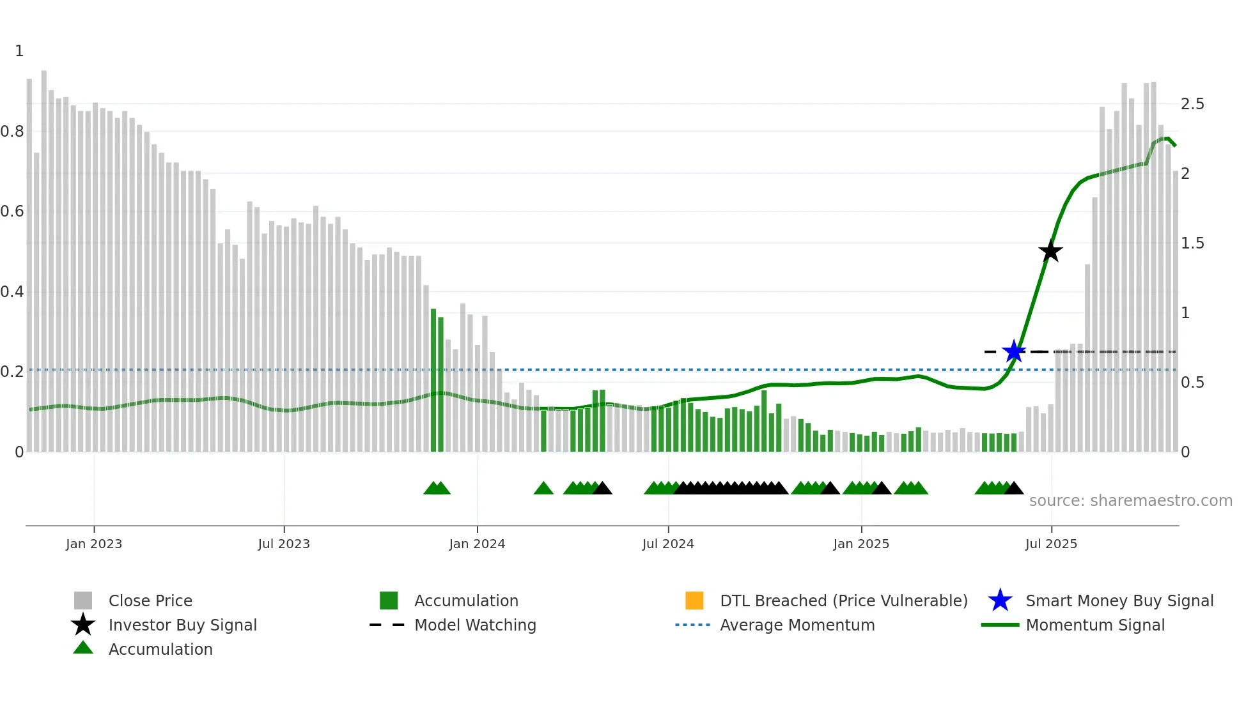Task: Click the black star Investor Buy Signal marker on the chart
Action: [1050, 251]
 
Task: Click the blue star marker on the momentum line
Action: [1014, 351]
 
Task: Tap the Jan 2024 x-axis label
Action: [477, 544]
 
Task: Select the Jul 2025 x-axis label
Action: [1051, 544]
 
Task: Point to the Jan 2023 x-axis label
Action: [94, 544]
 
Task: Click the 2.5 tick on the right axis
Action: [1192, 103]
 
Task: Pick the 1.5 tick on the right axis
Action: [1192, 243]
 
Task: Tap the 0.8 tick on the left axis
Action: [12, 132]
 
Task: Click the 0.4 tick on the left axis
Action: [12, 292]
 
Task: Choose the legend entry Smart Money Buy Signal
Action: [1119, 601]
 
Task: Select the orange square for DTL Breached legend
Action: [694, 601]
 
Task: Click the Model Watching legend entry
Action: [475, 625]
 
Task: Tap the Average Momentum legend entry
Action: [797, 625]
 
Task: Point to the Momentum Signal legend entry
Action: [1094, 625]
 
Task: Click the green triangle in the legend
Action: [83, 648]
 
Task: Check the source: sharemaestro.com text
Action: [1130, 500]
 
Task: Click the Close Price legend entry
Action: [150, 601]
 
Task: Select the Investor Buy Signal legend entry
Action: [182, 625]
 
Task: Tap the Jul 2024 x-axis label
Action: [668, 544]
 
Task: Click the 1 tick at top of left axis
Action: [19, 51]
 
